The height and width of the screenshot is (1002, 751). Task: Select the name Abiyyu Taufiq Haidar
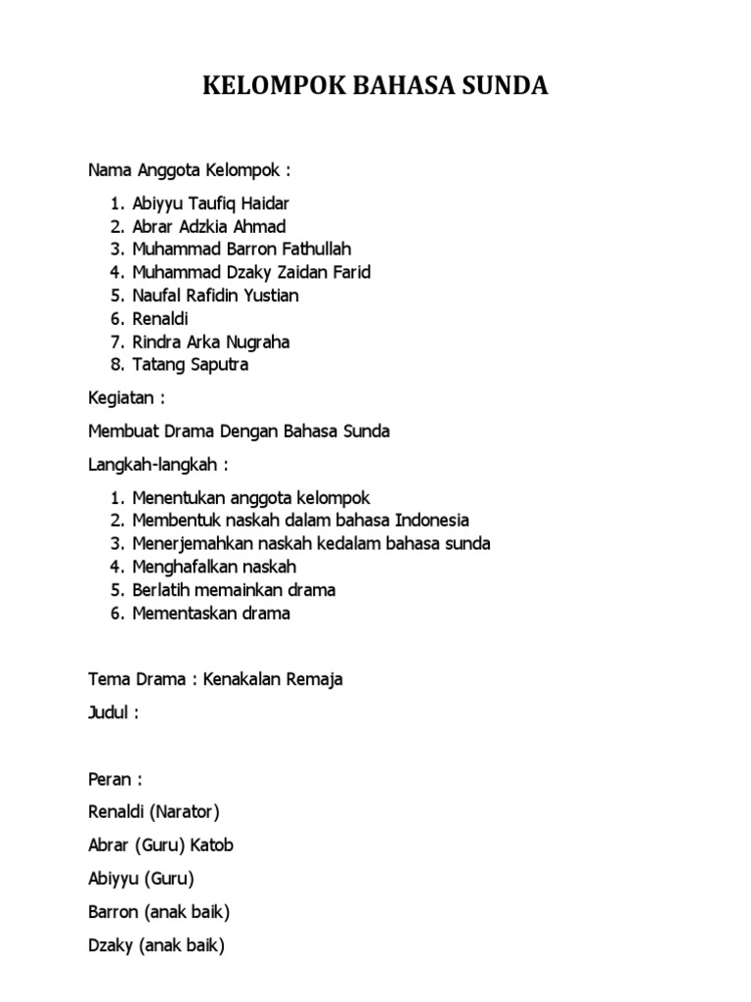point(211,204)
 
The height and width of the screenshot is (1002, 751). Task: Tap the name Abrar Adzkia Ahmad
point(209,227)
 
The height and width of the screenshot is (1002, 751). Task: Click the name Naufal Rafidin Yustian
point(215,295)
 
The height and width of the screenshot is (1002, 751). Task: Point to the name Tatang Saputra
point(191,365)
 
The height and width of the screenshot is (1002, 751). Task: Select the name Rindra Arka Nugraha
point(211,342)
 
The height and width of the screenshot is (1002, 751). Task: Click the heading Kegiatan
point(125,399)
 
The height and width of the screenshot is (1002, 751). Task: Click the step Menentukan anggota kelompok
point(250,497)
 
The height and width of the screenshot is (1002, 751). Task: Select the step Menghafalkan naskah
point(214,567)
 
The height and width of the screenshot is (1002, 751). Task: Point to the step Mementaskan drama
point(211,614)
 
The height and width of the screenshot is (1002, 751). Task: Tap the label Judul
point(111,712)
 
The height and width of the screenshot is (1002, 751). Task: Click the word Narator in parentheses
point(186,811)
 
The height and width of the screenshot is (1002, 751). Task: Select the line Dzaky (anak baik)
point(156,946)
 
